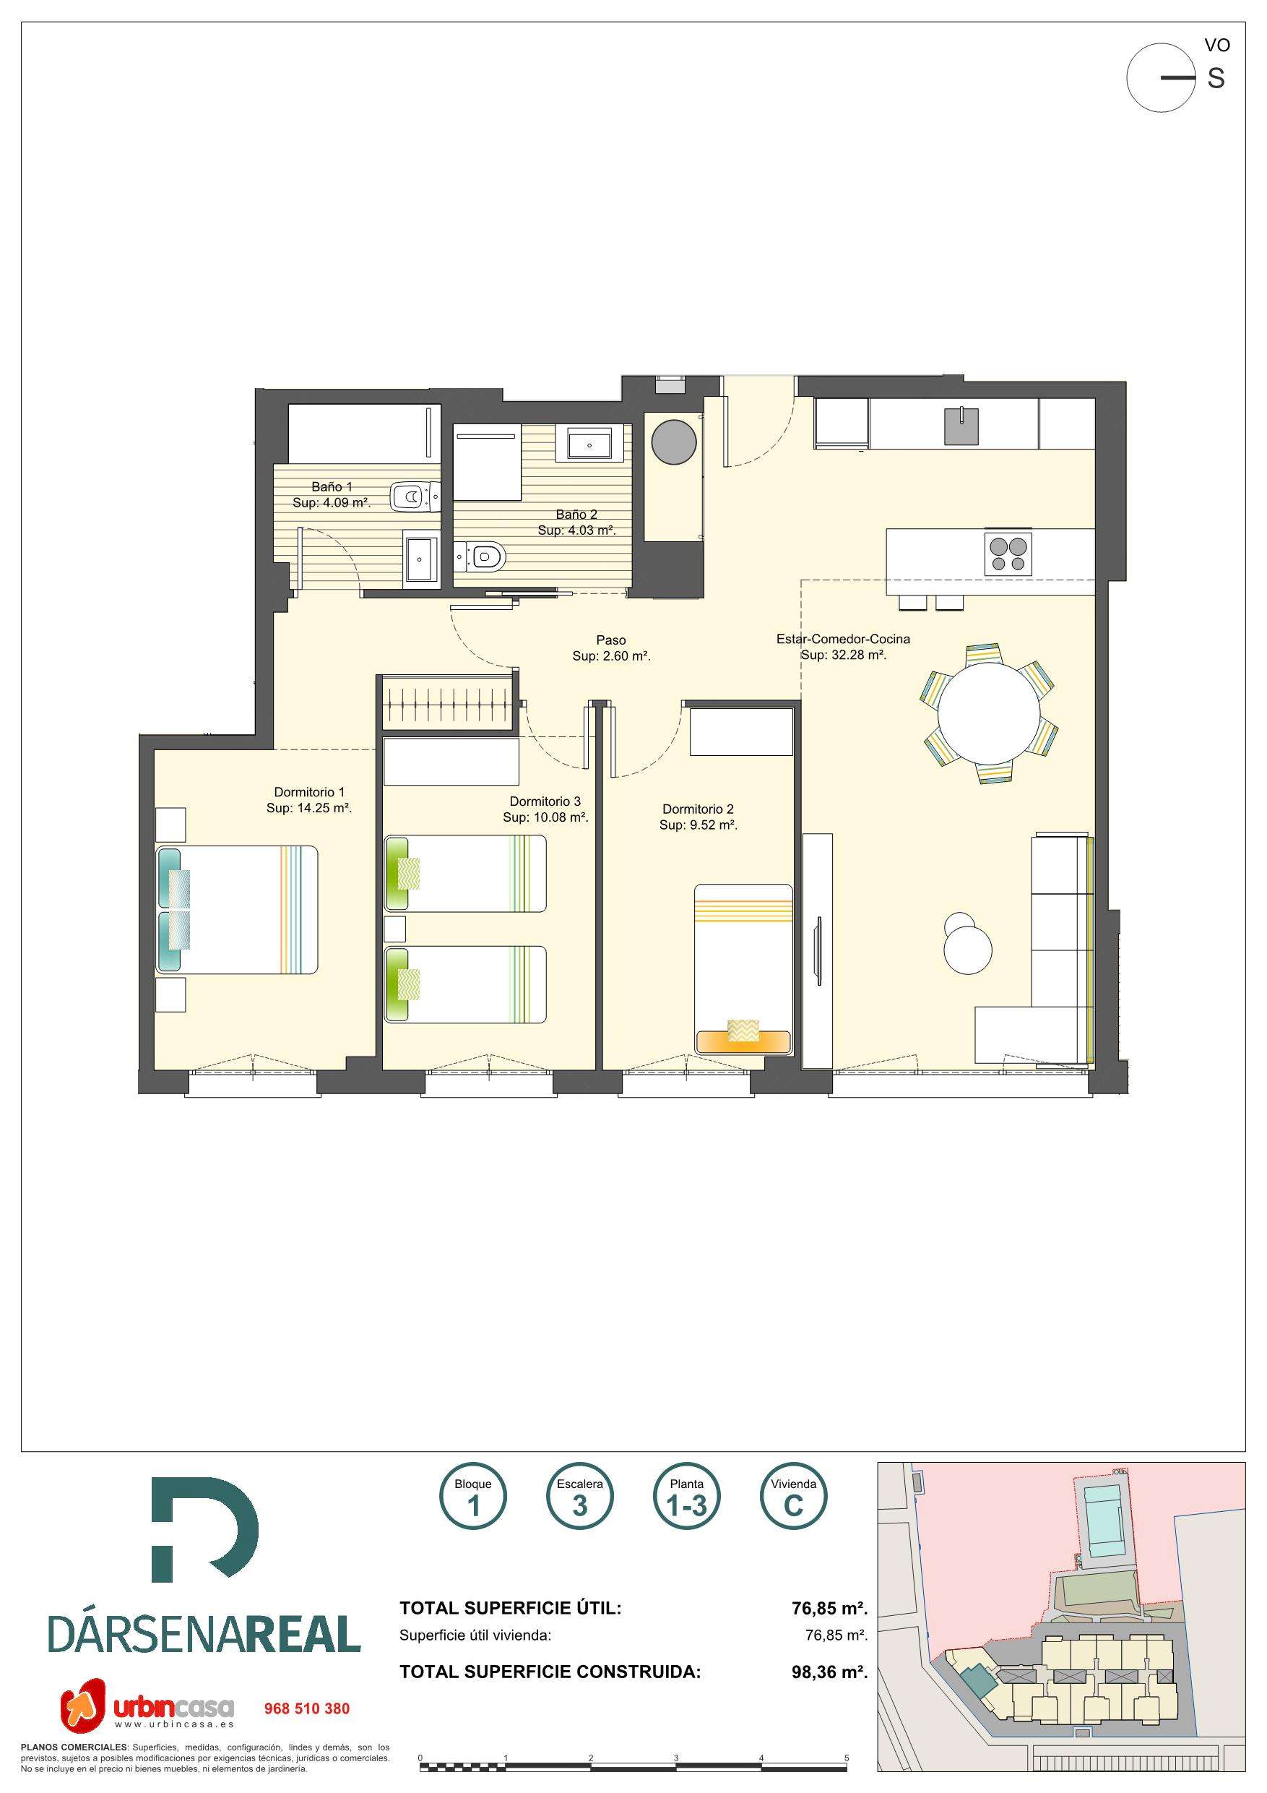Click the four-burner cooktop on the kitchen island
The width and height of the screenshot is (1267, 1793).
pos(1008,554)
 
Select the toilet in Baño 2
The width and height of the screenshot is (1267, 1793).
pos(481,556)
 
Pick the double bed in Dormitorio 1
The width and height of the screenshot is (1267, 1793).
pos(238,910)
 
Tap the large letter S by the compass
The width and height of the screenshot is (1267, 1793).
pos(1216,78)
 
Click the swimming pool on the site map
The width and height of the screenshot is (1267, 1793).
pos(1102,1513)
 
